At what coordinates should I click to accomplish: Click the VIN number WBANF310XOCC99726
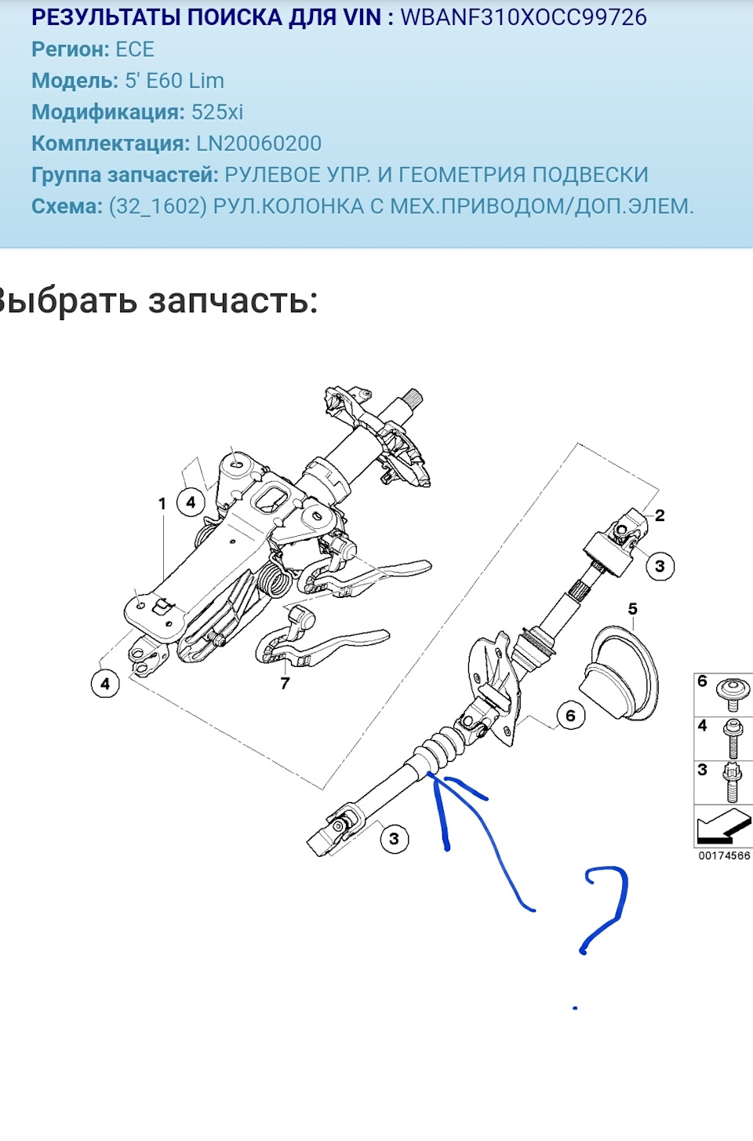pos(523,17)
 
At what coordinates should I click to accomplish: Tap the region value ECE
pos(135,49)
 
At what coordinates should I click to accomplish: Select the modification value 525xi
pos(217,112)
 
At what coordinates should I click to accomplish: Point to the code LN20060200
pos(259,144)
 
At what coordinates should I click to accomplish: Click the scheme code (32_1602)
pos(158,206)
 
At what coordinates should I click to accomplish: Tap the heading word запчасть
pos(233,301)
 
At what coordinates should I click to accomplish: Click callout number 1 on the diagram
pos(162,504)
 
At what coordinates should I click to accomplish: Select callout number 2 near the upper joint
pos(660,516)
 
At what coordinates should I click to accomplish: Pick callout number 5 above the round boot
pos(632,609)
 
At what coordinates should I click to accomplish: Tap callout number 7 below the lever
pos(285,684)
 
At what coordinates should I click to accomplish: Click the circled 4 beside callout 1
pos(191,502)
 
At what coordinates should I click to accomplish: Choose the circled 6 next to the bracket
pos(570,716)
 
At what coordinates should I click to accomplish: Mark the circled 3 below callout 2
pos(660,567)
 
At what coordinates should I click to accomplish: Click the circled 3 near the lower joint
pos(394,839)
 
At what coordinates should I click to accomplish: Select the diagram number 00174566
pos(724,855)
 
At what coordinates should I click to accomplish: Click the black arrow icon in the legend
pos(722,826)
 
